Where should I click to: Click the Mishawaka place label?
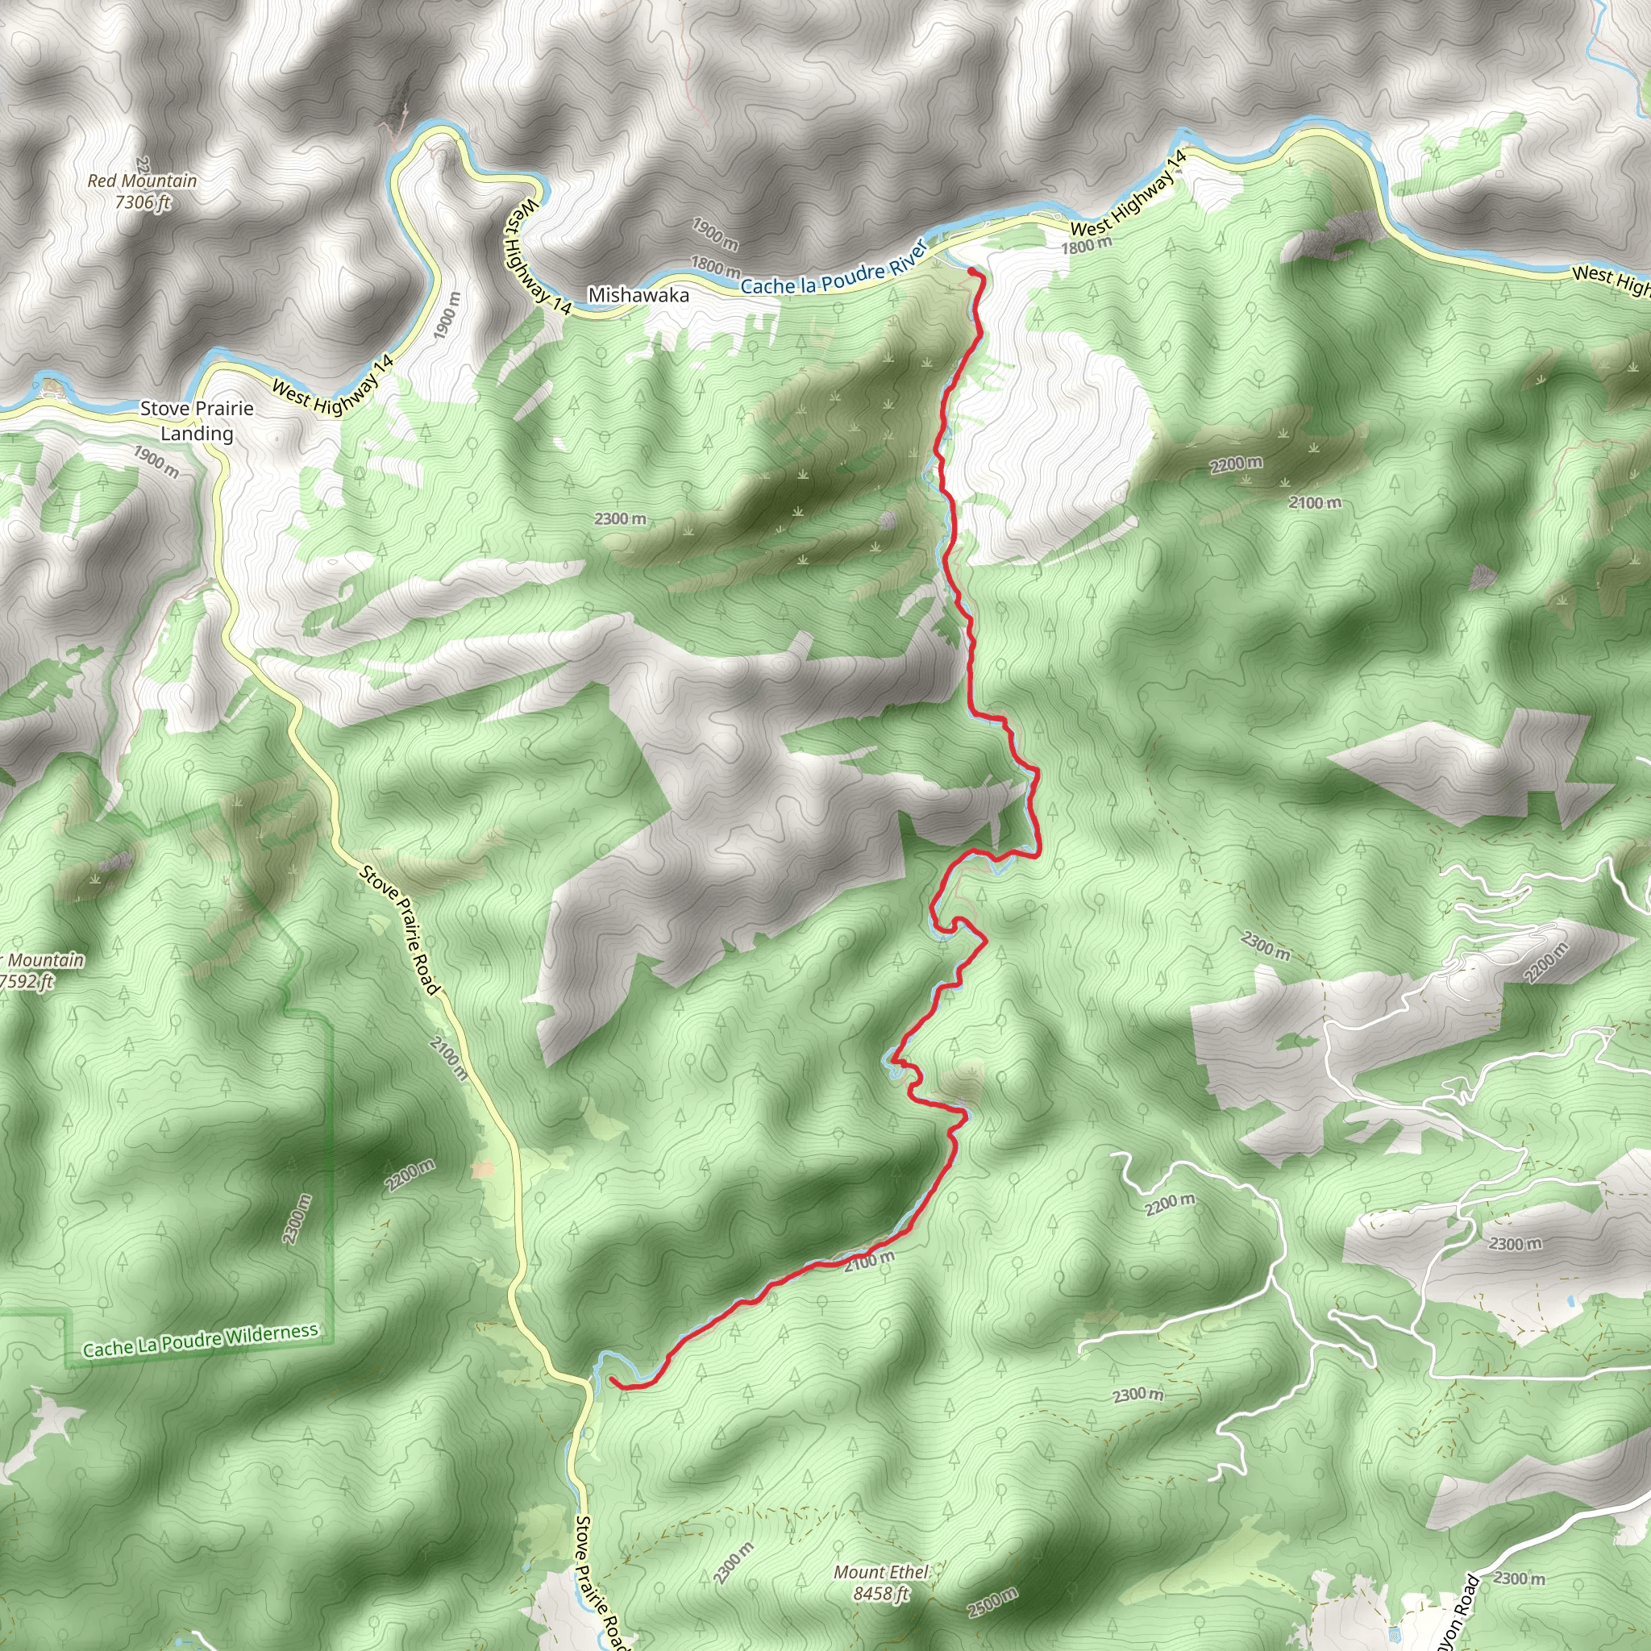point(638,296)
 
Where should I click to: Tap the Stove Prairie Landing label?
point(197,421)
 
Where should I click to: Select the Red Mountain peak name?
point(142,181)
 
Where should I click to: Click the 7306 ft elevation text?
point(143,202)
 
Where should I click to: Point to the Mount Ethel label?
point(881,1571)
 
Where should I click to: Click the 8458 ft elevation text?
point(881,1593)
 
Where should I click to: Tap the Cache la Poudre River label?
point(834,270)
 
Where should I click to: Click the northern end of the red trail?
point(972,272)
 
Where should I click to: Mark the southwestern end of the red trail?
point(613,1380)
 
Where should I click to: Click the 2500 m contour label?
point(992,1603)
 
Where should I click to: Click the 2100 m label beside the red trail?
point(869,1261)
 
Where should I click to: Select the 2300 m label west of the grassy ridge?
point(621,518)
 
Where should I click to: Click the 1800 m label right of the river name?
point(1086,246)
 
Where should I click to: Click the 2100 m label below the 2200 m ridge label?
point(1315,503)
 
